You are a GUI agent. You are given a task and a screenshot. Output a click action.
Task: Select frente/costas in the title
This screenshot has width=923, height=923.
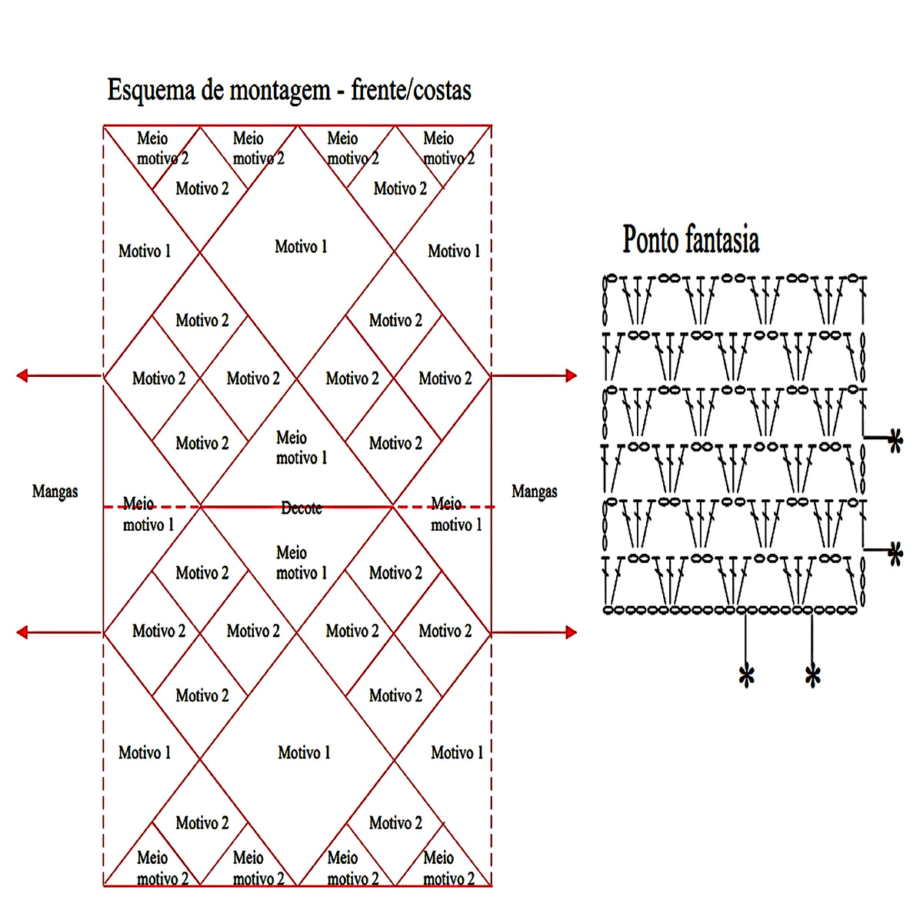(411, 91)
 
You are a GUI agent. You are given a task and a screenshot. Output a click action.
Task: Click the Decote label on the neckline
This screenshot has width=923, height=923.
(302, 508)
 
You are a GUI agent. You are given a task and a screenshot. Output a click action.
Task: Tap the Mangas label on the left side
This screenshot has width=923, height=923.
(55, 491)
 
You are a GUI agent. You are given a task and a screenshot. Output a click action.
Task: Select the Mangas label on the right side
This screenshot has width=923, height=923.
(535, 491)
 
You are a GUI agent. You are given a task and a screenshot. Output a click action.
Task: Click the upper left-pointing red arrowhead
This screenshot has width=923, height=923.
(22, 375)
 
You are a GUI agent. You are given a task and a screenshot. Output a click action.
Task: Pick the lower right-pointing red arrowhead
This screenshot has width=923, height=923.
(571, 632)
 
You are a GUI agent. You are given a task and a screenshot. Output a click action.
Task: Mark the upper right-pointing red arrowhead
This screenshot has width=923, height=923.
(571, 375)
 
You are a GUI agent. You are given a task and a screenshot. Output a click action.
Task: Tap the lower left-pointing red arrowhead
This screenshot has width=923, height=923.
(22, 632)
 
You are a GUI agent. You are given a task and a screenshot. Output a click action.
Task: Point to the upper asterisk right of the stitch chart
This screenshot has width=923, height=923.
(895, 442)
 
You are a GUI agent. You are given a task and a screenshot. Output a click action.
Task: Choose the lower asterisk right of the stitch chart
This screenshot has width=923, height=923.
(895, 554)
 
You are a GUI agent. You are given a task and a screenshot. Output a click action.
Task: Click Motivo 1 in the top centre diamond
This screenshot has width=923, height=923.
(301, 247)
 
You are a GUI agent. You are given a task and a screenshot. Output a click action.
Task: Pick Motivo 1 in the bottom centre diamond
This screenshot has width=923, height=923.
(304, 753)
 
